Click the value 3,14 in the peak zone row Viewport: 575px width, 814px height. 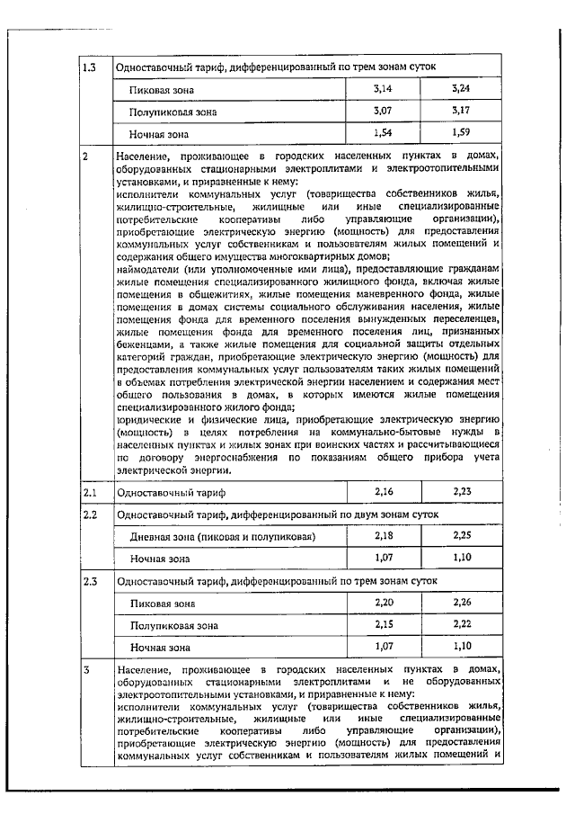384,89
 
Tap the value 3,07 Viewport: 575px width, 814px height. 384,111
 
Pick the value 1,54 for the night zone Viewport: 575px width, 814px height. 384,132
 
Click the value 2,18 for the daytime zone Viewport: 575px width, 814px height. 384,536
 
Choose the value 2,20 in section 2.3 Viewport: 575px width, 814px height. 384,602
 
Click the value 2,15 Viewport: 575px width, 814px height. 384,623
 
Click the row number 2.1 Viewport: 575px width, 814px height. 89,493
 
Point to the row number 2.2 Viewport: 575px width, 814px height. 89,515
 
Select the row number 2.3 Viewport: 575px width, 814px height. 89,581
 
